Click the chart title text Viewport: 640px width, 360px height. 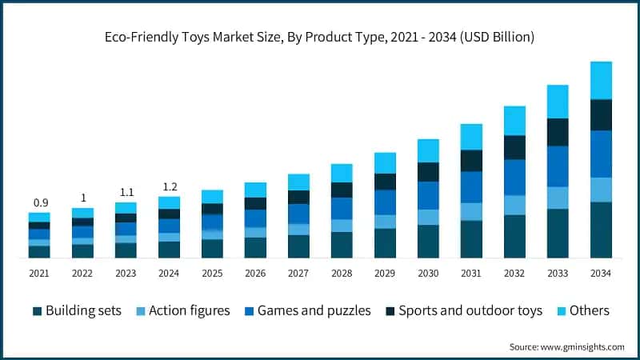320,37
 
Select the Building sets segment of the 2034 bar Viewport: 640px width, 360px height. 601,230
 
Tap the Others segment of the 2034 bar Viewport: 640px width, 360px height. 601,80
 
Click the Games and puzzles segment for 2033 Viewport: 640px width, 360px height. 558,166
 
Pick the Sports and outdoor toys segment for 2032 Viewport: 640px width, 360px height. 514,147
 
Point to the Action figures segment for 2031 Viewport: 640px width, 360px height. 471,211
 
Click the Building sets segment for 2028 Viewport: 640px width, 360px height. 342,245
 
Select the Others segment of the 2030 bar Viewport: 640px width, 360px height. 428,150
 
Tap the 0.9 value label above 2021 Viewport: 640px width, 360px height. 39,202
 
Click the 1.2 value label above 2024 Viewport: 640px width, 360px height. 170,186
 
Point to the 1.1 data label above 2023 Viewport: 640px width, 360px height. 126,192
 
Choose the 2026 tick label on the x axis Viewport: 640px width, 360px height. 255,274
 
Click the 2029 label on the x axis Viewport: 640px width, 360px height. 385,274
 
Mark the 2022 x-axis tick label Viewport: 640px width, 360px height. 82,274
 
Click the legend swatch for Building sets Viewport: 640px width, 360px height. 37,311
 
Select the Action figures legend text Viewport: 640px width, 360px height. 190,310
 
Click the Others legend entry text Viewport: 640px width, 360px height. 589,310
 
